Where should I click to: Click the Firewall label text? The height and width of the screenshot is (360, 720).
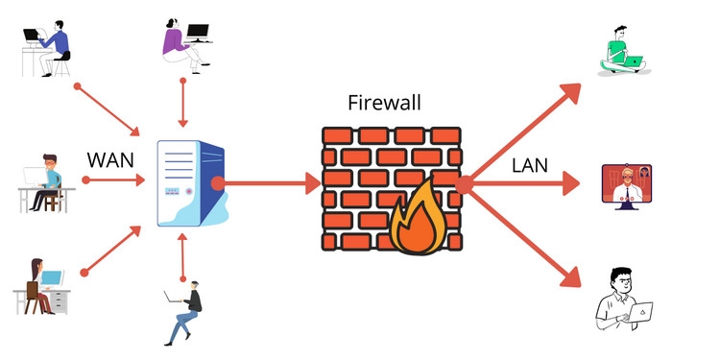pyautogui.click(x=385, y=102)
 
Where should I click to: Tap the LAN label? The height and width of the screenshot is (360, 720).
pyautogui.click(x=529, y=164)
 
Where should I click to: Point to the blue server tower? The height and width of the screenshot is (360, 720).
pyautogui.click(x=190, y=182)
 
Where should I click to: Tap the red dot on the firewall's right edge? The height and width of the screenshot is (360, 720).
pyautogui.click(x=465, y=183)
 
